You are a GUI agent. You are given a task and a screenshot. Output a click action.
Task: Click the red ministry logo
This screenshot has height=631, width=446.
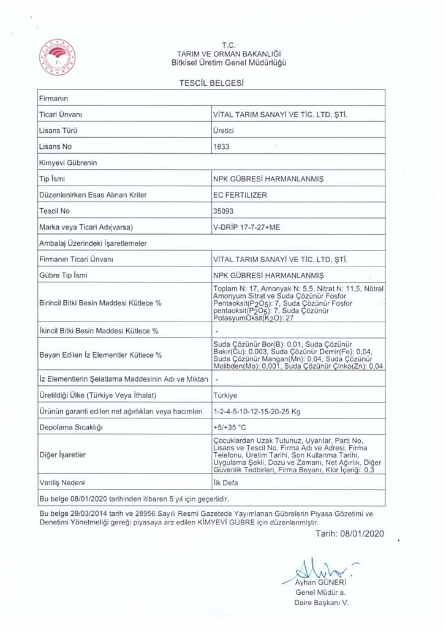(57, 57)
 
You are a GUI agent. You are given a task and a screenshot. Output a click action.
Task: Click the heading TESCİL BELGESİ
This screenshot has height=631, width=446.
(211, 82)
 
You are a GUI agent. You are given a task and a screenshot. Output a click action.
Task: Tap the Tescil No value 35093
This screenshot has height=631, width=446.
(223, 211)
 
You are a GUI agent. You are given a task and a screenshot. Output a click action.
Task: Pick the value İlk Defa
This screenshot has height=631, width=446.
(225, 483)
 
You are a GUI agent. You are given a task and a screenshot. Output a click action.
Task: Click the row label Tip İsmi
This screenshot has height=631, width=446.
(52, 179)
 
